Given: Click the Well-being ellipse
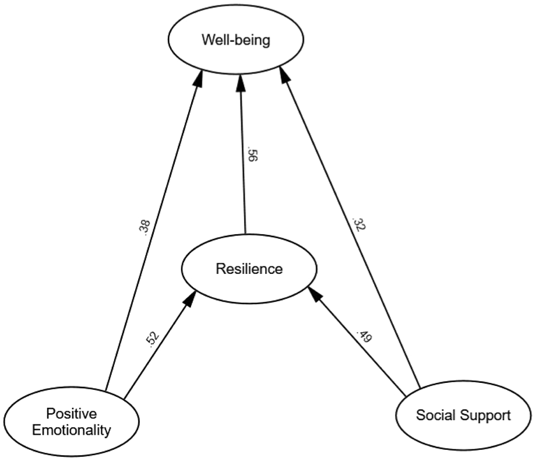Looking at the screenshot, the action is tap(236, 39).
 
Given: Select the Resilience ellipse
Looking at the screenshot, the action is tap(249, 269).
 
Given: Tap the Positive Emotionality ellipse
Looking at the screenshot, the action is tap(72, 422).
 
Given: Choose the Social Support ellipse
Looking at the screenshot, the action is tap(464, 415).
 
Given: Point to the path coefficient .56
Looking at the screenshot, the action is tap(252, 154).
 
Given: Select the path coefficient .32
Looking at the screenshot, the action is tap(358, 224).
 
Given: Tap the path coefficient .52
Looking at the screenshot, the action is tap(152, 339).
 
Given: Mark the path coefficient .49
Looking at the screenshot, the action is tap(364, 336).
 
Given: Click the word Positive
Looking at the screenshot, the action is tap(72, 414).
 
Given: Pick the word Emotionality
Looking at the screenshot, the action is tap(72, 430).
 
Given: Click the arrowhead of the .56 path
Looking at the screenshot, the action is tap(241, 83).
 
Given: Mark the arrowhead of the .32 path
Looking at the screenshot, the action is tap(285, 75).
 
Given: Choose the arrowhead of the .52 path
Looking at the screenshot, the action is tap(190, 299).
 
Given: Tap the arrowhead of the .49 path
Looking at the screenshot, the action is tap(315, 295).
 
